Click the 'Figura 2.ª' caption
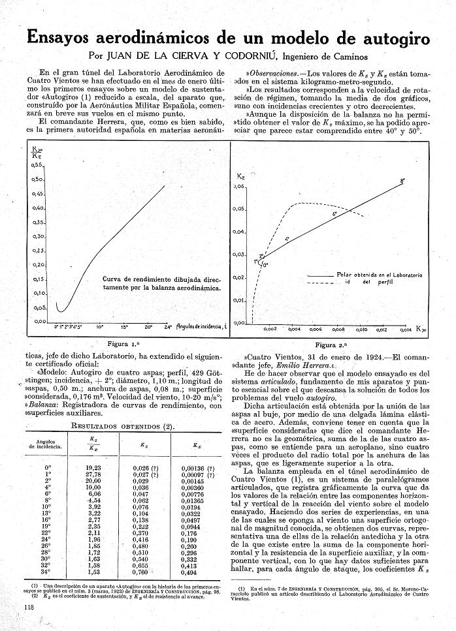click(x=332, y=344)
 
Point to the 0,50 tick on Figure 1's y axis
click(x=39, y=179)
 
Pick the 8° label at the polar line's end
click(x=402, y=181)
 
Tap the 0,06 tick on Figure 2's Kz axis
click(x=240, y=187)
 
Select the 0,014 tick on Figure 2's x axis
click(x=405, y=330)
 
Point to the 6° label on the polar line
click(x=334, y=215)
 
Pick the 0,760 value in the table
click(x=140, y=572)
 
